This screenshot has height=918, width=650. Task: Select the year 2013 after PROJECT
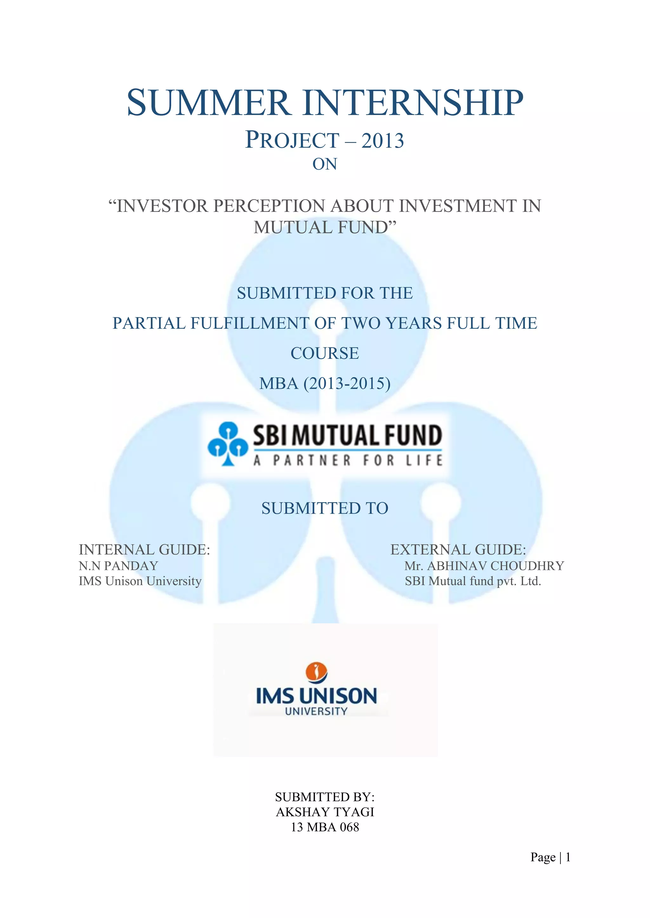tap(383, 141)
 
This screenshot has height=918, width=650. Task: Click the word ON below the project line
tap(325, 164)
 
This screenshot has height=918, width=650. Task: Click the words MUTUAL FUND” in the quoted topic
tap(325, 228)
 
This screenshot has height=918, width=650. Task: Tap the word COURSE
tap(325, 353)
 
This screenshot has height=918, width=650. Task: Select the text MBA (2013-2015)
tap(325, 384)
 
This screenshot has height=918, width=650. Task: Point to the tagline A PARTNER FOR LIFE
tap(348, 461)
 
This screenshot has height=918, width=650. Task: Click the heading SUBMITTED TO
tap(325, 508)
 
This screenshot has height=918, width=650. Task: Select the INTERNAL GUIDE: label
tap(144, 550)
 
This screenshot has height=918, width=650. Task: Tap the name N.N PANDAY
tap(118, 566)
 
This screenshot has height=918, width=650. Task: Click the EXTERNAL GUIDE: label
tap(458, 550)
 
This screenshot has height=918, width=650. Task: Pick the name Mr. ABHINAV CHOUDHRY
tap(484, 566)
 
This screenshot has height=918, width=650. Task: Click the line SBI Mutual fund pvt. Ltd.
tap(473, 581)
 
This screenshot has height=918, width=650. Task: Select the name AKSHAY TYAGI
tap(325, 812)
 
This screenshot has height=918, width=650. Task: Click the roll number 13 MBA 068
tap(325, 827)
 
